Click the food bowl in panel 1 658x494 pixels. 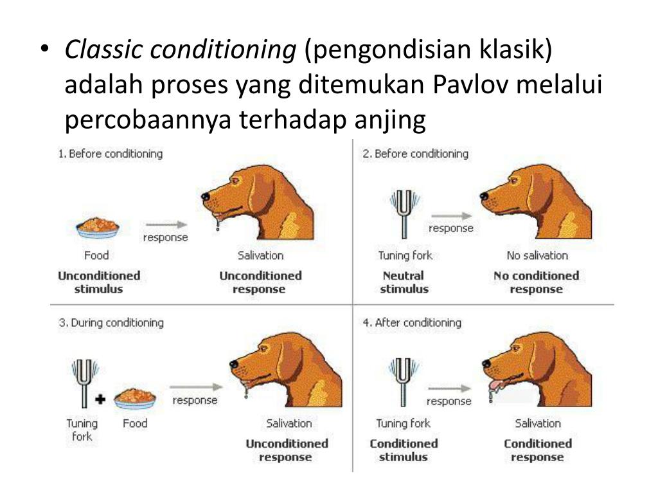point(97,226)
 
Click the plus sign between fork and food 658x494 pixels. point(100,399)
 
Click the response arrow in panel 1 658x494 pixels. point(165,224)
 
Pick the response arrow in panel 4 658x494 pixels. point(449,389)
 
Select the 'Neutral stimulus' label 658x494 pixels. point(404,282)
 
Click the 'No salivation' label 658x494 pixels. point(537,255)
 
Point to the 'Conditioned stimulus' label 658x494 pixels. point(404,450)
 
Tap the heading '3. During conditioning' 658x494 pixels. point(111,322)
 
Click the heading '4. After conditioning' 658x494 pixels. point(412,322)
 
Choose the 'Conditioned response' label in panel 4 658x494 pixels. point(537,450)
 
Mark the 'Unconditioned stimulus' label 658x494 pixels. point(99,282)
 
